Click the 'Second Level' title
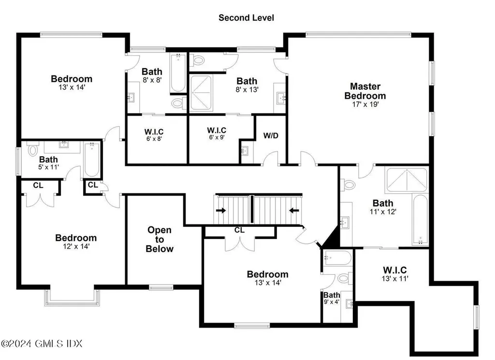246,18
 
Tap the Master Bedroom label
365,91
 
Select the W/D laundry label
271,135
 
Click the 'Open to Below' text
160,239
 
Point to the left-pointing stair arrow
294,210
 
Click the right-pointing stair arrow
221,210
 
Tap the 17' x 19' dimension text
365,105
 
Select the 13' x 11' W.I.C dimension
395,278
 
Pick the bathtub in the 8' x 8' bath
178,73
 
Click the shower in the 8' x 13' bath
201,93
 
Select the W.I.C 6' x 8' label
154,135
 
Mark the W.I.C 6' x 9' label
217,133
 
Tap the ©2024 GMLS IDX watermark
42,343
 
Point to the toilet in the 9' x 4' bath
344,279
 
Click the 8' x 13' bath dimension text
247,90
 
